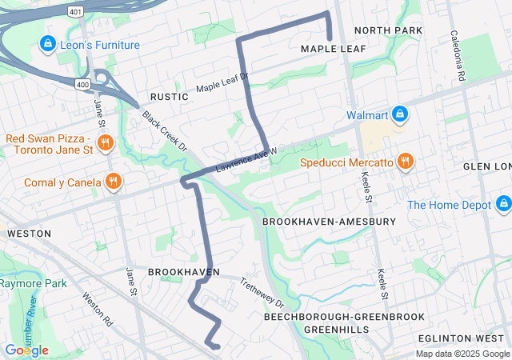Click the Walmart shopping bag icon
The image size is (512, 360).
pos(398,115)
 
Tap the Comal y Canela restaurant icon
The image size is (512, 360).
pos(114,182)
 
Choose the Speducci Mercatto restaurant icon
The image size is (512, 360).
pos(406,162)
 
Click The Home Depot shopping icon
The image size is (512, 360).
pos(503,205)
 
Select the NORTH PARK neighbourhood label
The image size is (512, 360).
pos(387,30)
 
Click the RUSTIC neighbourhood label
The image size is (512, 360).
pos(164,97)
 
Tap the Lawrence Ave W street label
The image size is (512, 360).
pos(246,160)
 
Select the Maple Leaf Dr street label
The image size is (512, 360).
pos(222,82)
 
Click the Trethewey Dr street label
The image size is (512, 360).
pos(262,293)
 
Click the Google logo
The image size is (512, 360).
pos(26,350)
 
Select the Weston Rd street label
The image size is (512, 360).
pos(97,309)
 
